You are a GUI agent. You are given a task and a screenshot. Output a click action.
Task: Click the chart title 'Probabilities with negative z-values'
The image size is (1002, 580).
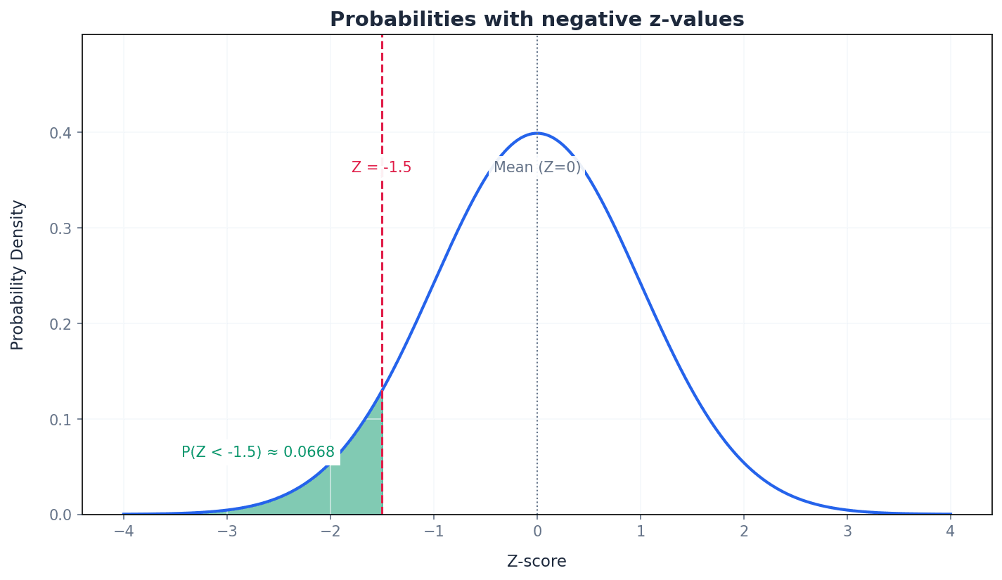(537, 20)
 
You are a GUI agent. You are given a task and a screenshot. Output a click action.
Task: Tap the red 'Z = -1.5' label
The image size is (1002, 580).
(381, 168)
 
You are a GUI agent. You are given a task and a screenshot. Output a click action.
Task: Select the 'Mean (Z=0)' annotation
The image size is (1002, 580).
(537, 168)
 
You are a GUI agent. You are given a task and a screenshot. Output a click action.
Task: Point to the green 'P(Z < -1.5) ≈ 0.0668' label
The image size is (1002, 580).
(258, 453)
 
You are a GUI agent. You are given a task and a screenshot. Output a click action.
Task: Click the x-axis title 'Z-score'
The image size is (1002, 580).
(537, 562)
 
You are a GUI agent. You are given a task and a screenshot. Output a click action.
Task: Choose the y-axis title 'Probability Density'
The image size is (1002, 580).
(18, 275)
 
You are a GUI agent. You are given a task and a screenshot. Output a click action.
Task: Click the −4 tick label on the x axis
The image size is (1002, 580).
(123, 531)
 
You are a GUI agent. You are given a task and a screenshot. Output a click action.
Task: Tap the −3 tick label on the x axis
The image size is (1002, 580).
(226, 531)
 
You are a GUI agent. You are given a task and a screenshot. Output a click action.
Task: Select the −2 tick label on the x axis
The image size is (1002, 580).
(330, 531)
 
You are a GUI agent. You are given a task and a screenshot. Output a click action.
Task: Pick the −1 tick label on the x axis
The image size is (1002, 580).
(433, 531)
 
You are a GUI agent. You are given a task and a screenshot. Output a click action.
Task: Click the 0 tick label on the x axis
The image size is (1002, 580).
(537, 531)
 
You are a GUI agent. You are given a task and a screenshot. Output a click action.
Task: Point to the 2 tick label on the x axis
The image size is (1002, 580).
(744, 531)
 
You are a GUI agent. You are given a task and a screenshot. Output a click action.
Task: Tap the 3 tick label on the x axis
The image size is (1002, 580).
(847, 531)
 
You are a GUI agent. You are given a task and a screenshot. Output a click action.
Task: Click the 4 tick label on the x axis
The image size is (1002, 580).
(951, 531)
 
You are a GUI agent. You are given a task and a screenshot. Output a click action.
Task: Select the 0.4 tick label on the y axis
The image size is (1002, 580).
(60, 133)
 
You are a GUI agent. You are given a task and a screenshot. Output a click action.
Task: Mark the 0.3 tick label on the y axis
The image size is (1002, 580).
(60, 228)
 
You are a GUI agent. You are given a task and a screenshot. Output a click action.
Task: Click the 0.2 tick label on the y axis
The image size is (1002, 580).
(60, 324)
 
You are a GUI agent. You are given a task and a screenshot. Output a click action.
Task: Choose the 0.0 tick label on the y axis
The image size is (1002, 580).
(60, 515)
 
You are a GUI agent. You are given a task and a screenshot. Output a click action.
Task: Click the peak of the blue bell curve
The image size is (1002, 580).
(537, 133)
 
